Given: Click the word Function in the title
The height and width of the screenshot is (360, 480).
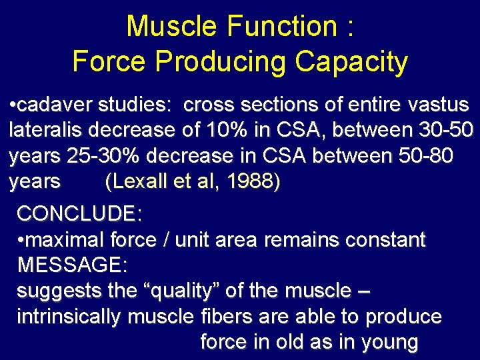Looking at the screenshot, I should pyautogui.click(x=281, y=27).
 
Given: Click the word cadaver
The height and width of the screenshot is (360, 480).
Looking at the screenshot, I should pyautogui.click(x=57, y=105).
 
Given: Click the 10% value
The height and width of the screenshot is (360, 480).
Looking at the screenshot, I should pyautogui.click(x=237, y=131).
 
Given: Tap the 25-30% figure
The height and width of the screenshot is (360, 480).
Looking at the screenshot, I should pyautogui.click(x=103, y=156).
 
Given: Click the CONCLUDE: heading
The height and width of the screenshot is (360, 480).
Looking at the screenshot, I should pyautogui.click(x=79, y=214).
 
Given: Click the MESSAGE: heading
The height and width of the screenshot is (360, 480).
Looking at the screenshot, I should pyautogui.click(x=72, y=265).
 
